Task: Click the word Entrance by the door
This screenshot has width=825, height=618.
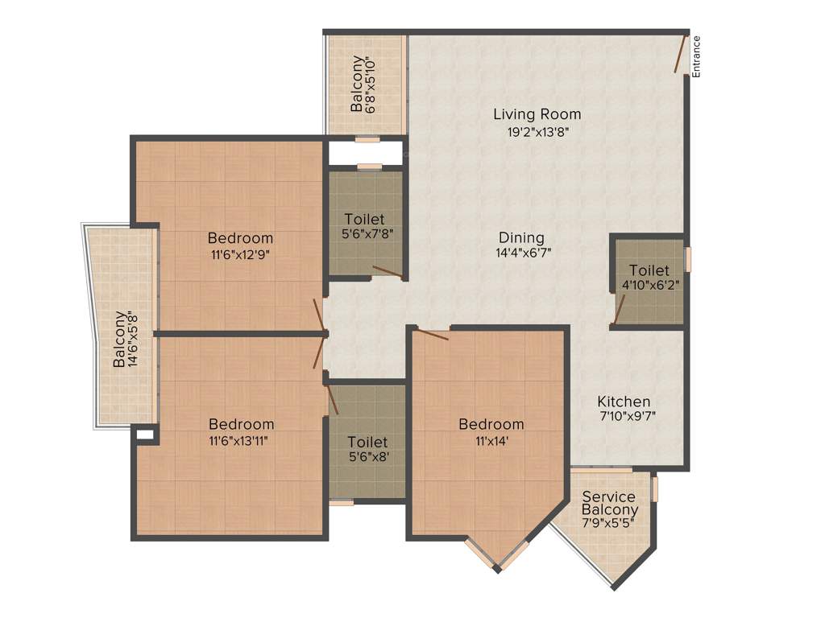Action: tap(697, 56)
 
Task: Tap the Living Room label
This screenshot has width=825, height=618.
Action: tap(537, 114)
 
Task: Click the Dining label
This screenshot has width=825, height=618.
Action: tap(521, 237)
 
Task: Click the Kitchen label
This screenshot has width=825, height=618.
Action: tap(624, 402)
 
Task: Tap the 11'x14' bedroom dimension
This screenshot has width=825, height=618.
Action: tap(491, 440)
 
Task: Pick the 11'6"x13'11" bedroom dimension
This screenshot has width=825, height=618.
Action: tap(241, 440)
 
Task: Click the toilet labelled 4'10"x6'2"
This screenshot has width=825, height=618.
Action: tap(649, 270)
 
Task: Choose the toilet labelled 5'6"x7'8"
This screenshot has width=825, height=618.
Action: tap(364, 219)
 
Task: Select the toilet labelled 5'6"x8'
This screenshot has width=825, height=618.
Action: tap(367, 442)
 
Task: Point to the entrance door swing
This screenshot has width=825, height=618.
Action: tap(682, 53)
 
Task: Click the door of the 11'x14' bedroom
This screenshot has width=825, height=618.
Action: tap(431, 333)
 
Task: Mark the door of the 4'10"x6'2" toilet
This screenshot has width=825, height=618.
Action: tap(619, 310)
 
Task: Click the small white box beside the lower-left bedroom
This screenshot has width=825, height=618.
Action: tap(145, 435)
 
